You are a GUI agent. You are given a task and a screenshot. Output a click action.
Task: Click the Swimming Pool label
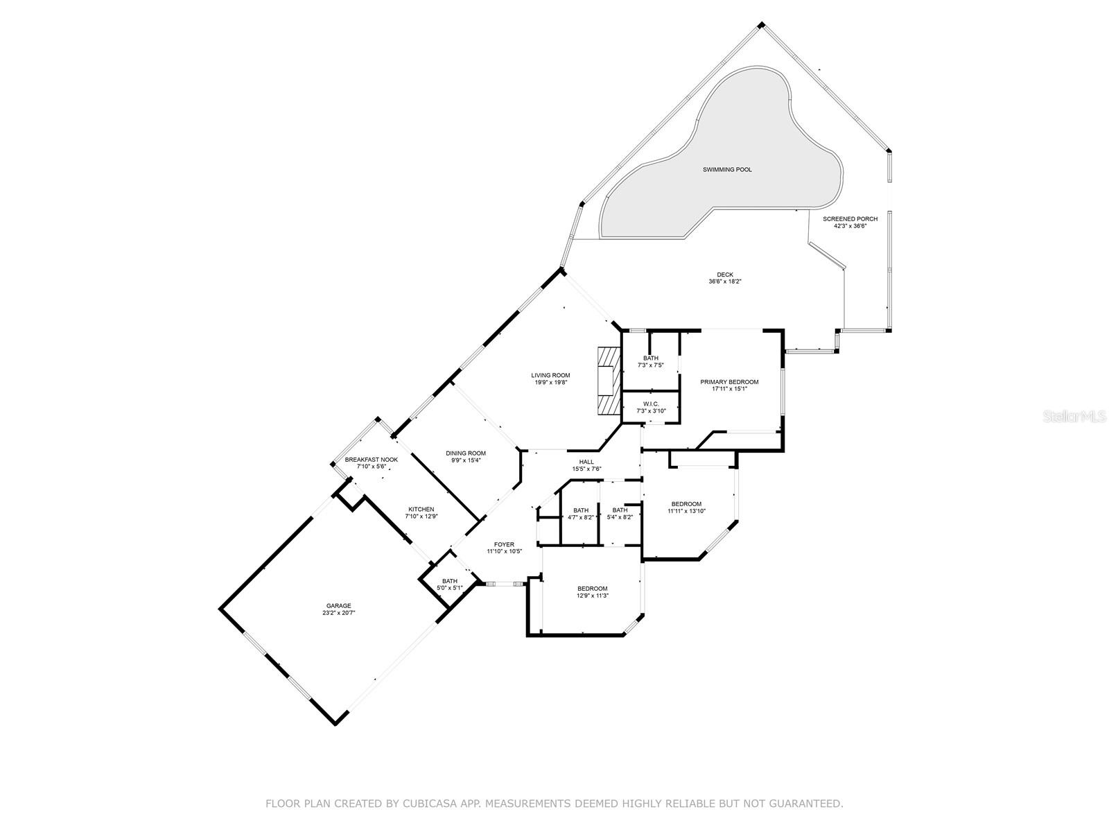tap(727, 170)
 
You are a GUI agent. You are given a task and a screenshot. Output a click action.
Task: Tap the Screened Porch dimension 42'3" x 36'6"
tap(850, 225)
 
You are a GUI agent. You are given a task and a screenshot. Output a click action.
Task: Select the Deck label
tap(725, 275)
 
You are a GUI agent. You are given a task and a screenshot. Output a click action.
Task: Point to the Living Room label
tap(551, 376)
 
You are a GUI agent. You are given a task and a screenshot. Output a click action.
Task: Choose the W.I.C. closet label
tap(650, 404)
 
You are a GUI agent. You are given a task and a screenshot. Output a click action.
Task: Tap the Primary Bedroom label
tap(729, 382)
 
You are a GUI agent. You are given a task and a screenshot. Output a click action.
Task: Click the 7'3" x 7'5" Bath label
tap(650, 358)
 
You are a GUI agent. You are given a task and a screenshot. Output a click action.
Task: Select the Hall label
tap(586, 462)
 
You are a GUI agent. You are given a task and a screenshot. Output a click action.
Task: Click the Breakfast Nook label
tap(372, 460)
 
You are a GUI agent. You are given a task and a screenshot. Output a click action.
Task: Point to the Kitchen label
tap(421, 510)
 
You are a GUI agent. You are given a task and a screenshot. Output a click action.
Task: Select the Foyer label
tap(504, 545)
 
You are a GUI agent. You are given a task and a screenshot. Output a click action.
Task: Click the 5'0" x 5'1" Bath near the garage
tap(450, 581)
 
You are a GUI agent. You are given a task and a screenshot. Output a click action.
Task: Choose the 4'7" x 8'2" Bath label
tap(581, 510)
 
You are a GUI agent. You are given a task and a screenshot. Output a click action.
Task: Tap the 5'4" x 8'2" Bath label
tap(620, 510)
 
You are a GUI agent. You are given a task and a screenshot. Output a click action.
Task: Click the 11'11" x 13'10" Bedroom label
tap(686, 504)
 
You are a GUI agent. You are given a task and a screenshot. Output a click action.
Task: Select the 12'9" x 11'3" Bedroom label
tap(593, 589)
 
